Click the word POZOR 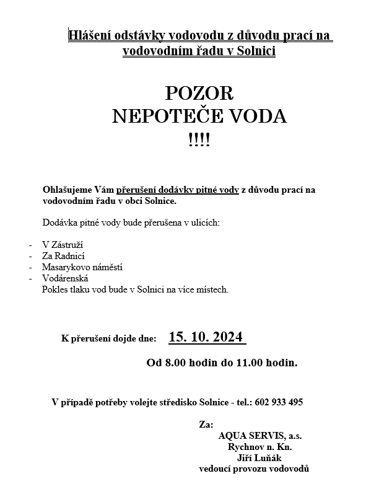199,93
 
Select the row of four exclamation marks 199,139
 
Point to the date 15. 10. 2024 207,338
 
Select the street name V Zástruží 62,244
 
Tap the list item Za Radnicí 63,255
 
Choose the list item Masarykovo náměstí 82,267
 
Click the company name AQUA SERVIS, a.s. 259,436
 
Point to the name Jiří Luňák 260,458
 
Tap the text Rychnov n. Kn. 260,447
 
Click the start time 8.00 175,363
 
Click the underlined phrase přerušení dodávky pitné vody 178,190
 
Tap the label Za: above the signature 206,425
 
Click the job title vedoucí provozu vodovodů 254,469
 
